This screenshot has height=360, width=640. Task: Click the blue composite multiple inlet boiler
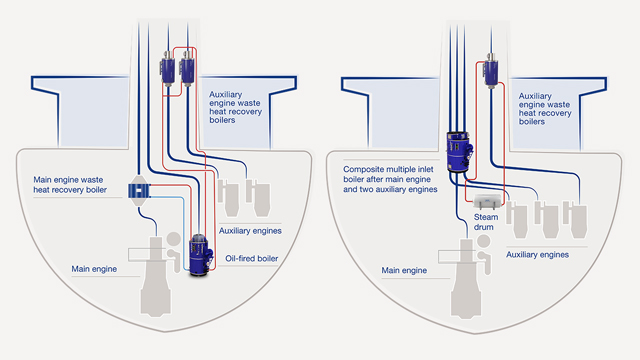pyautogui.click(x=459, y=151)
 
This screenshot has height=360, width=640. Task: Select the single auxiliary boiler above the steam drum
pyautogui.click(x=491, y=72)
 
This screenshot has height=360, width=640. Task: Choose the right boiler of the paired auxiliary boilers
pyautogui.click(x=185, y=71)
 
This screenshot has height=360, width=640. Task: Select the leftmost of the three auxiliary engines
pyautogui.click(x=519, y=214)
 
